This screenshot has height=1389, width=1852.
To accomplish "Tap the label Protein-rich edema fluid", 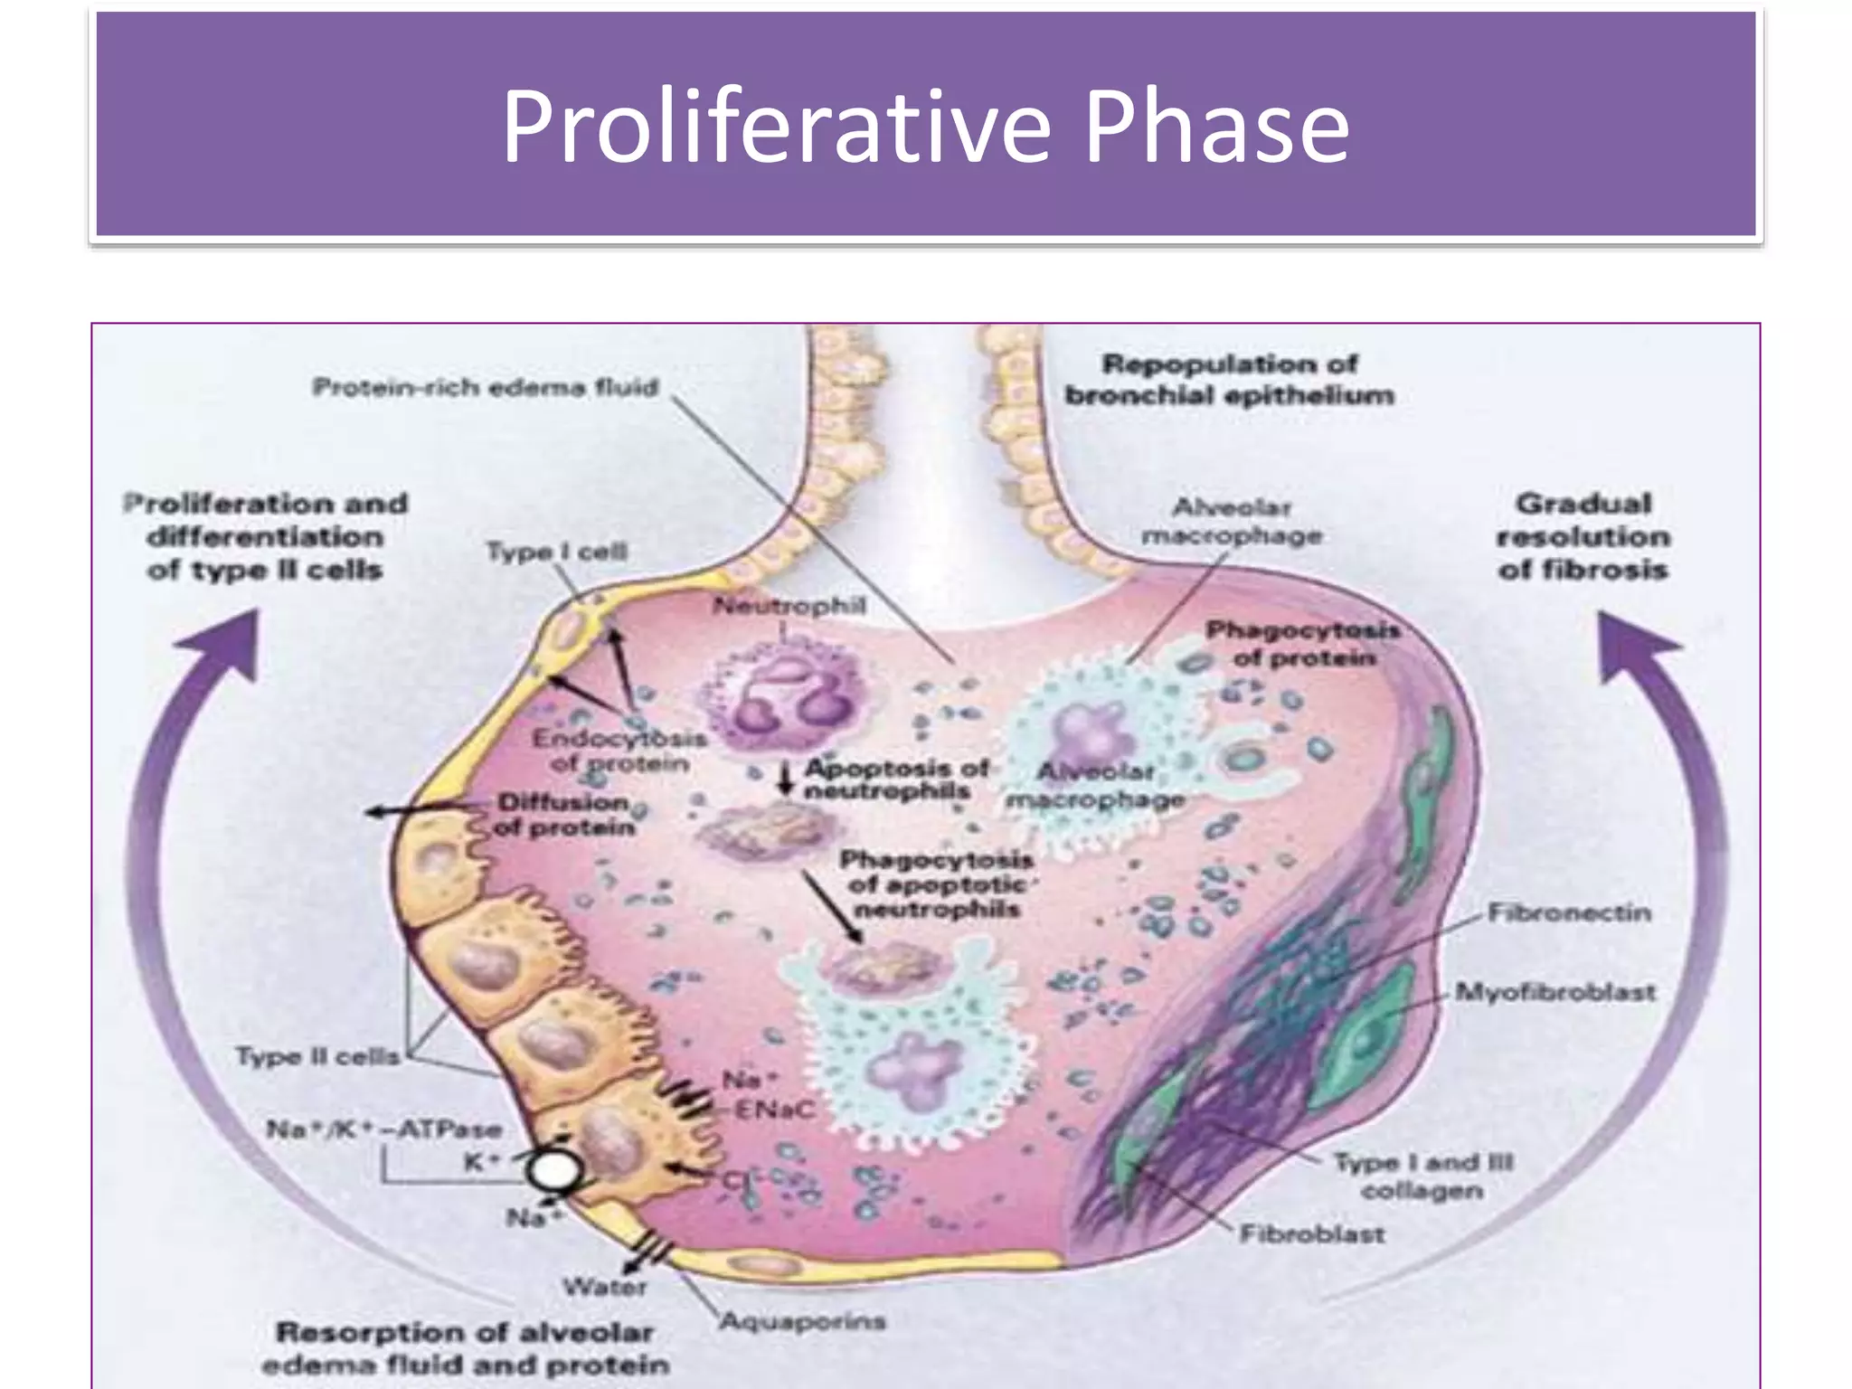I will pos(486,388).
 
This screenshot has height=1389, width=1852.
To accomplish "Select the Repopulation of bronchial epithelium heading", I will pos(1229,380).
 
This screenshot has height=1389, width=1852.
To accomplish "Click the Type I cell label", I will pos(556,552).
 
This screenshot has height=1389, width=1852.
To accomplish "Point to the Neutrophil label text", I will pos(789,605).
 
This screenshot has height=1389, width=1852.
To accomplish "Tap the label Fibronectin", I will pos(1569,912).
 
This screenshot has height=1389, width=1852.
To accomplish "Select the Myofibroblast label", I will pos(1555,992).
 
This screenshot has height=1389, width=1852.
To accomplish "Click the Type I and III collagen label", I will pos(1422,1176).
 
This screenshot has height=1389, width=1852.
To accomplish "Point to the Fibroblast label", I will pos(1311,1233).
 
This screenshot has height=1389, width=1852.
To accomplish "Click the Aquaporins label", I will pos(802,1321).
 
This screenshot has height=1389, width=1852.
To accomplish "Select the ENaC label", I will pos(773,1110).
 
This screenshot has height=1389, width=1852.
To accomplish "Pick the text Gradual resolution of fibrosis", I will pos(1583,536).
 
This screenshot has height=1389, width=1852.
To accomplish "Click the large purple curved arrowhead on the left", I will pos(226,642).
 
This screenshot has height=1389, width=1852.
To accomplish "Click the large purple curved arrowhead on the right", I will pos(1632,644).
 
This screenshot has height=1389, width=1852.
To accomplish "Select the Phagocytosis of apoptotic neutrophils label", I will pos(936,883).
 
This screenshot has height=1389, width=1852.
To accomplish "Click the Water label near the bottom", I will pos(604,1286).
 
